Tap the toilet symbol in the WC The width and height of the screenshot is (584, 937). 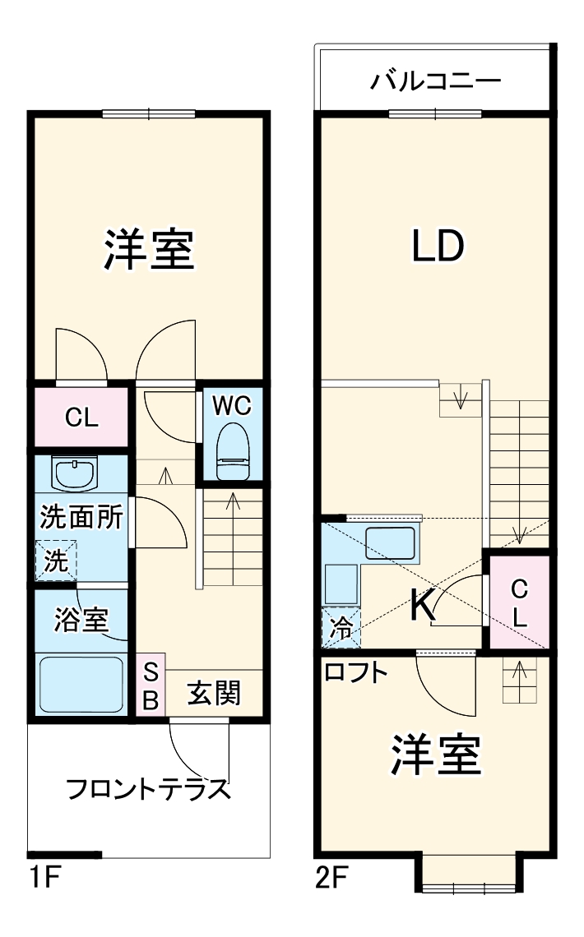pos(231,451)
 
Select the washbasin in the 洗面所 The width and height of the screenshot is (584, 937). pos(75,473)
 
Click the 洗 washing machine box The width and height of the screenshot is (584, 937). pos(55,562)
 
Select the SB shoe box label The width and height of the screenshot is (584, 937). pos(151,685)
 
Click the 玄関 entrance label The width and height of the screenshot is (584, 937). pos(214,694)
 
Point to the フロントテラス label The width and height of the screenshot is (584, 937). pos(146,790)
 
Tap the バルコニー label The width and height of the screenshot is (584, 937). pos(435,81)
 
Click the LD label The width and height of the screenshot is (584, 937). pos(437,246)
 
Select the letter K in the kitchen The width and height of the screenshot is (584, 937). pos(422,607)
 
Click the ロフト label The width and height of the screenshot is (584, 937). pos(355,672)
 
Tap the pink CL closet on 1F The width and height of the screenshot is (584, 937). pos(81,418)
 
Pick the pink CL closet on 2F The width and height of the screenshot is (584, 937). pos(518,602)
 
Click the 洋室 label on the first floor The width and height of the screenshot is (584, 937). pos(149,250)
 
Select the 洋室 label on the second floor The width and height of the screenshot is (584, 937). pos(435,755)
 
